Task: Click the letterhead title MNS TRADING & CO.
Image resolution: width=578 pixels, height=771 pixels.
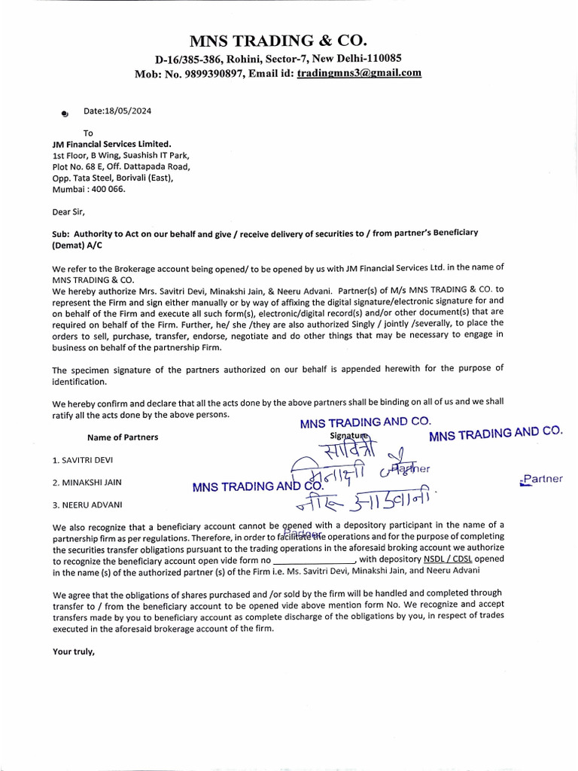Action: tap(289, 40)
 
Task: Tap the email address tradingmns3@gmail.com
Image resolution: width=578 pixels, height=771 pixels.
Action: tap(359, 73)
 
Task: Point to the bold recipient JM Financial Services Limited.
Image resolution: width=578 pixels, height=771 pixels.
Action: tap(111, 144)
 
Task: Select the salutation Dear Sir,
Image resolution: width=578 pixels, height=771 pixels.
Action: tap(68, 212)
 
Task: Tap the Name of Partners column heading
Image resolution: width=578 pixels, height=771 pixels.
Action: tap(123, 437)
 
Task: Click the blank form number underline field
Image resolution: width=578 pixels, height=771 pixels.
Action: tap(312, 560)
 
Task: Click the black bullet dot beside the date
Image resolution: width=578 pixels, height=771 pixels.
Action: tap(65, 114)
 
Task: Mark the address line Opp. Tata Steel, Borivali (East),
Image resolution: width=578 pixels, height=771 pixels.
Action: tap(113, 178)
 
